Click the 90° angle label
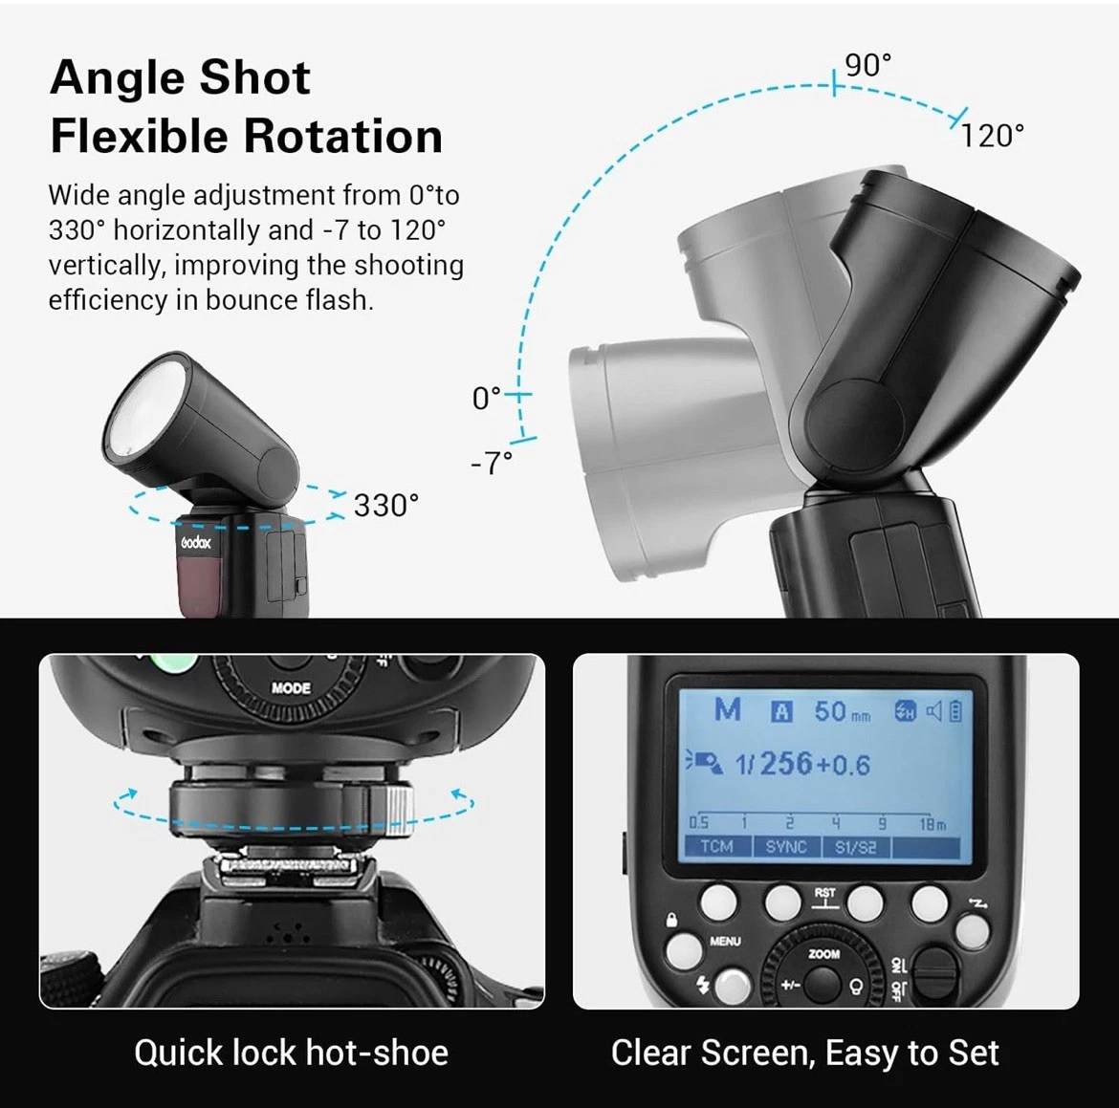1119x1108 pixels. (x=867, y=65)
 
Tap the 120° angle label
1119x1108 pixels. (x=993, y=136)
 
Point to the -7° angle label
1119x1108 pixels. (x=492, y=463)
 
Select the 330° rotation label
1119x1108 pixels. (x=386, y=505)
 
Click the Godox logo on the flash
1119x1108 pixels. (x=196, y=542)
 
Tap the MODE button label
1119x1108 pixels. (x=291, y=687)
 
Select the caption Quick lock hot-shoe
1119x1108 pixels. (x=291, y=1053)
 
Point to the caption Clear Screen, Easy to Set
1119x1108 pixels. (x=804, y=1053)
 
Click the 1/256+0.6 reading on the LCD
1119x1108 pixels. (x=801, y=764)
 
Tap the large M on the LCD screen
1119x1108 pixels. (x=728, y=710)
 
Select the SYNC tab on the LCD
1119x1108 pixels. (x=785, y=847)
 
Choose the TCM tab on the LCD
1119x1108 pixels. (x=716, y=847)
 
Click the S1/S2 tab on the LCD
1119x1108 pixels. (x=855, y=847)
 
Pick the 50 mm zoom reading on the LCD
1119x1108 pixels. (x=842, y=711)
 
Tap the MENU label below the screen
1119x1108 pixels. (x=725, y=942)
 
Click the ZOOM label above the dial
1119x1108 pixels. (x=824, y=954)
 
